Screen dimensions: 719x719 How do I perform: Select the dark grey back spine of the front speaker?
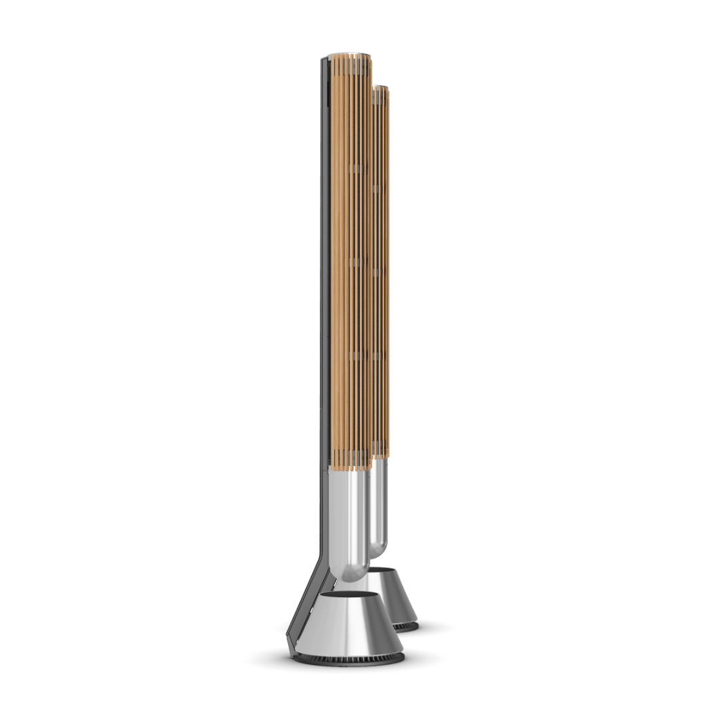point(324,266)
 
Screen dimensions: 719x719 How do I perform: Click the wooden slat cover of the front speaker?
point(350,266)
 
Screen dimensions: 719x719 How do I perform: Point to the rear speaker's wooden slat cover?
point(381,266)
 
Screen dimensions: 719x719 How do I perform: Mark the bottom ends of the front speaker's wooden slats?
point(351,467)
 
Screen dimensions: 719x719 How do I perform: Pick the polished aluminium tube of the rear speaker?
point(377,506)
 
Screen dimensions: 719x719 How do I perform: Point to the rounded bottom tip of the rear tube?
point(377,553)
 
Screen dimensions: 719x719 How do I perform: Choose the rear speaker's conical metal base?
point(397,599)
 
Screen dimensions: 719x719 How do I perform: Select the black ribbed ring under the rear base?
point(406,626)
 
